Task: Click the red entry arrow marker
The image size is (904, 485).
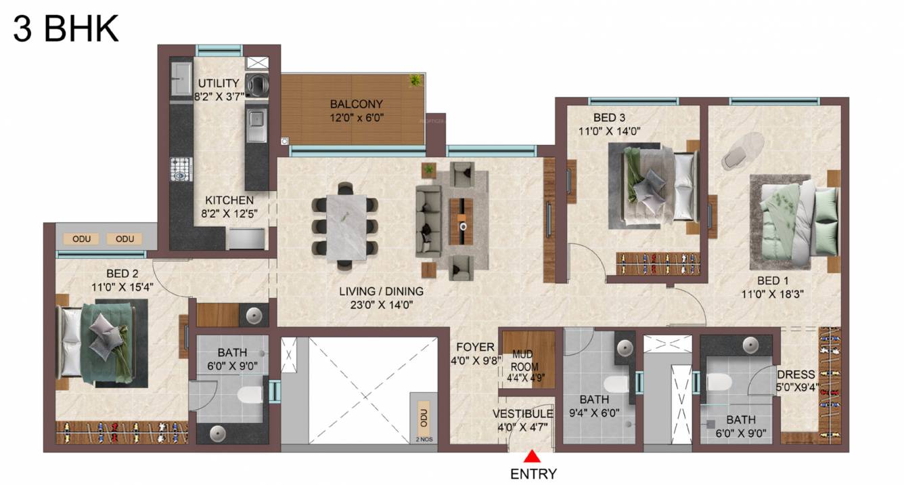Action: click(532, 457)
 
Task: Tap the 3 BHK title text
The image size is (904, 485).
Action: click(66, 28)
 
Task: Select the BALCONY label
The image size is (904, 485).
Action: click(357, 104)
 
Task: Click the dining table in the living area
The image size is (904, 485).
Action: click(346, 228)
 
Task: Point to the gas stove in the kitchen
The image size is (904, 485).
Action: click(181, 169)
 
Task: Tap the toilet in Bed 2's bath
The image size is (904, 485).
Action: click(250, 394)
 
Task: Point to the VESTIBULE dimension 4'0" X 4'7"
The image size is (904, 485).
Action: click(524, 427)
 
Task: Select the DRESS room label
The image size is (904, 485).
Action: click(796, 375)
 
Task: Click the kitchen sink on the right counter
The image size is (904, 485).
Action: click(256, 121)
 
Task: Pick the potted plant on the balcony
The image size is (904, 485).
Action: click(415, 80)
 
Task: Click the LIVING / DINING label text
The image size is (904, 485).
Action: click(381, 291)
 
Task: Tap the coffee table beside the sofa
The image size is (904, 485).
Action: click(461, 221)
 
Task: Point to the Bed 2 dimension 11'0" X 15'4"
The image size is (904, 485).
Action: click(122, 287)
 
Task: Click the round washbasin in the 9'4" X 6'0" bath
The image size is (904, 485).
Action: click(625, 347)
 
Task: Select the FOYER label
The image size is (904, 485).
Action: click(475, 347)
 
